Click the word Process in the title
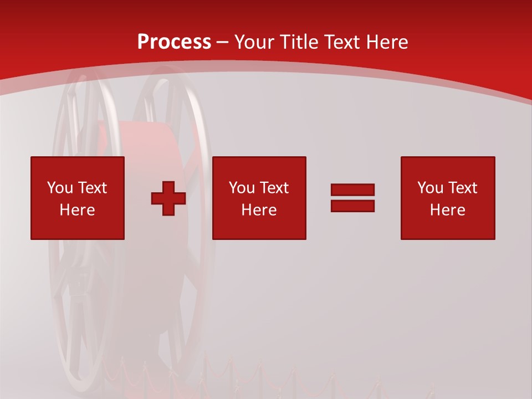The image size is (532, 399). coord(174,42)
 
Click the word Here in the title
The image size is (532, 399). coord(387,42)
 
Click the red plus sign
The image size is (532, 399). coord(168,198)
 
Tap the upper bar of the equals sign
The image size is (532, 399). coord(352,190)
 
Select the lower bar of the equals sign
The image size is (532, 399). coord(352,206)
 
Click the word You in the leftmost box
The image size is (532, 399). coord(60,188)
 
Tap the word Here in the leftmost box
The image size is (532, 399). coord(77,210)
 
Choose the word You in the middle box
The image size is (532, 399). coord(242,188)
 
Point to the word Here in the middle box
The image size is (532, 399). coord(259,210)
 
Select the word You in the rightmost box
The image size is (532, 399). coord(430,188)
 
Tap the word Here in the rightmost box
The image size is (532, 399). coord(447,210)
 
